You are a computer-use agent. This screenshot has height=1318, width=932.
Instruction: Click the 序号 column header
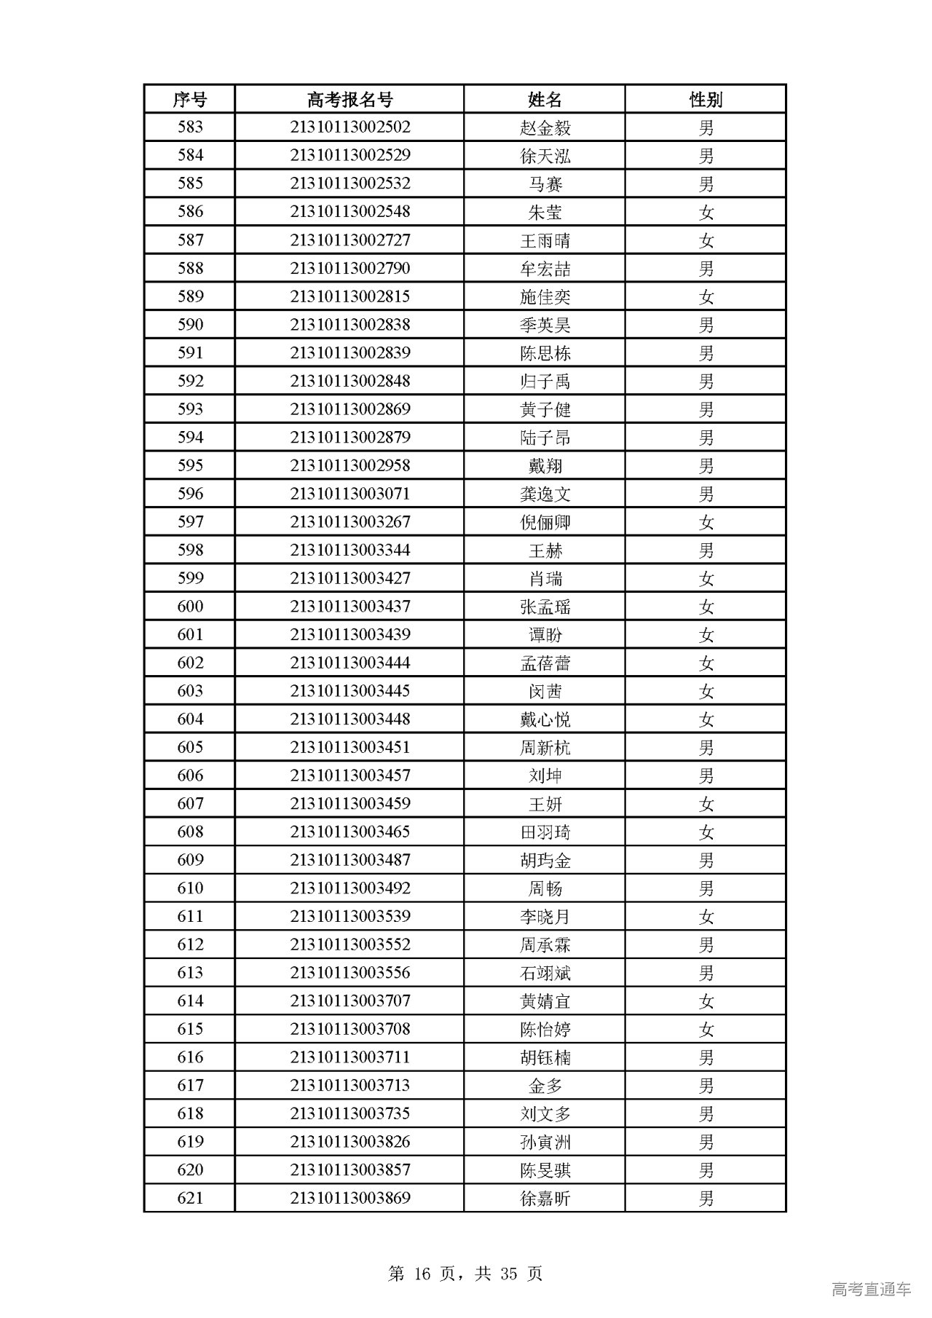coord(189,99)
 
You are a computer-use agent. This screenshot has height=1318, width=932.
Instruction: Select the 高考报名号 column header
coord(349,99)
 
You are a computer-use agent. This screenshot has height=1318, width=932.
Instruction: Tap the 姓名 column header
coord(545,99)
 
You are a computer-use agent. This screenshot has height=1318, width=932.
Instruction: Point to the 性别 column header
coord(706,99)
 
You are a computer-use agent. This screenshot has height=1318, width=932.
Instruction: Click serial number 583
coord(190,127)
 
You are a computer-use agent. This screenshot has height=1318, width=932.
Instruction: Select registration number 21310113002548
coord(349,212)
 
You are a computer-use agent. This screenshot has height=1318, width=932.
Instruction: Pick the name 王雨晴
coord(545,240)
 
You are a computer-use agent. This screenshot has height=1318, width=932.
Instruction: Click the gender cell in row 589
coord(706,296)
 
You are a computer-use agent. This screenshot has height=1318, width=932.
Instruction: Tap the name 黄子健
coord(545,409)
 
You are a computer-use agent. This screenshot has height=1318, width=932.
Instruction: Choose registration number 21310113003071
coord(349,494)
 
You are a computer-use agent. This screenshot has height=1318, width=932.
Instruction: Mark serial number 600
coord(190,607)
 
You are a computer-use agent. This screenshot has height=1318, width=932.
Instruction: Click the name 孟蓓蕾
coord(545,663)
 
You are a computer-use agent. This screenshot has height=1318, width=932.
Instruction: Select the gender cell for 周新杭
coord(706,748)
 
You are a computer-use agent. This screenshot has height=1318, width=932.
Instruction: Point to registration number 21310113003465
coord(349,832)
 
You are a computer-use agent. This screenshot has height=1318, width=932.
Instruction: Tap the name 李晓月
coord(545,917)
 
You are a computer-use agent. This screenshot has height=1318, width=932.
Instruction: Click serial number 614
coord(190,1001)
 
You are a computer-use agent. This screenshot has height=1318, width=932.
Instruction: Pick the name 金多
coord(545,1086)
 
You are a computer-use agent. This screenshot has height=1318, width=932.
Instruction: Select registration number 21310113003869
coord(349,1199)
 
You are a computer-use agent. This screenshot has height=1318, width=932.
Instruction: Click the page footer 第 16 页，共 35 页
coord(465,1252)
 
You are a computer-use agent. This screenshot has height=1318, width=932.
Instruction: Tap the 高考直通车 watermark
coord(871,1290)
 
